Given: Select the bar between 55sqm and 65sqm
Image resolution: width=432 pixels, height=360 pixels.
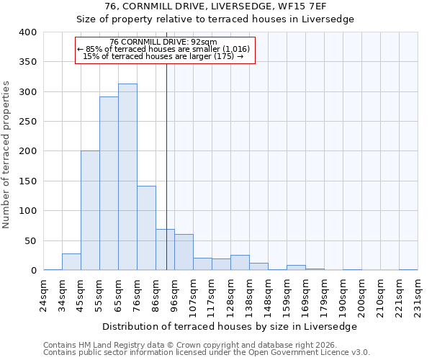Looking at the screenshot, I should coord(109,184).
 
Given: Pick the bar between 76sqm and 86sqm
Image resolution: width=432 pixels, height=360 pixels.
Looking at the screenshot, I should coord(146,228).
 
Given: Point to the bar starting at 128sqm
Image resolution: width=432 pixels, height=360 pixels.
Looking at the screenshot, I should coord(240,263).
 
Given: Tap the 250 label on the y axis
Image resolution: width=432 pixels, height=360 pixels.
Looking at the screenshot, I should coord(27,122).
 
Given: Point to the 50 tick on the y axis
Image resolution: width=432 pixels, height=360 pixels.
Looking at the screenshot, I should coord(30,240).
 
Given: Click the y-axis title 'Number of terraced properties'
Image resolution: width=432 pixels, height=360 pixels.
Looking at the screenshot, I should coord(6,155).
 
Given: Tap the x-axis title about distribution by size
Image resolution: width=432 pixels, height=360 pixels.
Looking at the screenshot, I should coord(234,326).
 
